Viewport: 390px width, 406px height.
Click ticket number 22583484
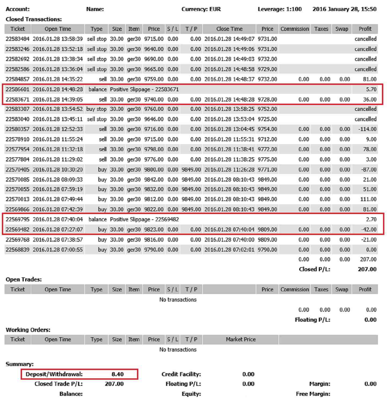tap(17, 39)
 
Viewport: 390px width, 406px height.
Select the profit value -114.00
tap(367, 129)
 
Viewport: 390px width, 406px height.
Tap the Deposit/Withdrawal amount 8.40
tap(117, 374)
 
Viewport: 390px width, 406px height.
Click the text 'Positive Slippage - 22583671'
tap(144, 89)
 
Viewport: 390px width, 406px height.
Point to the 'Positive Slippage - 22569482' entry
tap(144, 219)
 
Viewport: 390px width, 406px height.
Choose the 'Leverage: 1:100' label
tap(280, 9)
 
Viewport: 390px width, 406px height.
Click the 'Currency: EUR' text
tap(201, 9)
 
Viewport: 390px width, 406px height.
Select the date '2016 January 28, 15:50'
tap(344, 9)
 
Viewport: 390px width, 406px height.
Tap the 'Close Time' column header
tap(229, 29)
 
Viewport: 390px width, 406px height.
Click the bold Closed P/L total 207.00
tap(367, 269)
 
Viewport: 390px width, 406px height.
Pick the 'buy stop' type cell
tap(96, 109)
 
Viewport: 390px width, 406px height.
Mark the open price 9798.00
tap(154, 149)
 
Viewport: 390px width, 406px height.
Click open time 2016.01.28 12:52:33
tap(58, 129)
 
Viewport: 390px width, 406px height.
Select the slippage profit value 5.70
tap(371, 89)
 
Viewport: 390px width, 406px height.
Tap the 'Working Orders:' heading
tap(28, 330)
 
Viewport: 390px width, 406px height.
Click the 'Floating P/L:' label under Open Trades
tap(312, 320)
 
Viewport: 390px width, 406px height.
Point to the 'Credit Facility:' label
tap(181, 374)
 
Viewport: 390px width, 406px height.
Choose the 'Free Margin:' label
tap(313, 394)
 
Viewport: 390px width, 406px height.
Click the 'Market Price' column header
tap(240, 339)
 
